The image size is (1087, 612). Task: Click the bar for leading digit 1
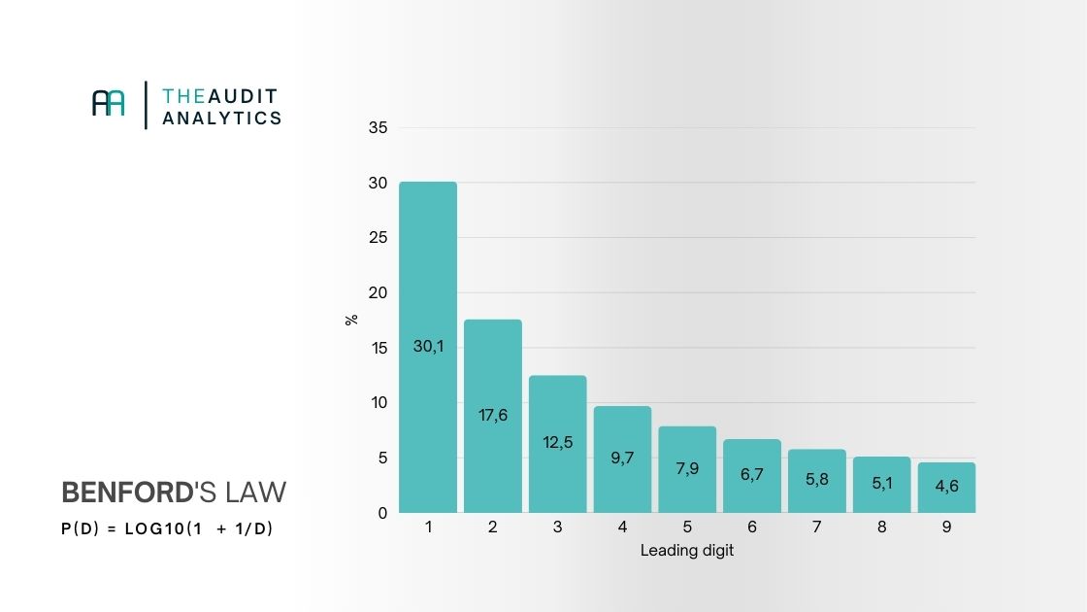[428, 291]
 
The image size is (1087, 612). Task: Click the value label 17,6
[493, 415]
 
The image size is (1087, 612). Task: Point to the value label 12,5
[558, 442]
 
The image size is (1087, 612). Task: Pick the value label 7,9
[687, 468]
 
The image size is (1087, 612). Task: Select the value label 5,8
[816, 478]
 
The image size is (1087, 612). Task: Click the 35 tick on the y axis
[378, 128]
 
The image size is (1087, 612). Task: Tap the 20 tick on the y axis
[378, 292]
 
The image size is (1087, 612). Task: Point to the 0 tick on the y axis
[382, 513]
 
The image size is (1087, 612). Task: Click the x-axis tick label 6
[752, 527]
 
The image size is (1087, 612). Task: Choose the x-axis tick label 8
[881, 527]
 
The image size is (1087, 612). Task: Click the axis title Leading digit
[687, 551]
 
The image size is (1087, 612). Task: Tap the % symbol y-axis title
[351, 319]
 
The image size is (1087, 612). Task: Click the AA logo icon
[109, 103]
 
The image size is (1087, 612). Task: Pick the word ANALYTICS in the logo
[222, 118]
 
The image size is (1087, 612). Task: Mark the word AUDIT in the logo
[241, 96]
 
